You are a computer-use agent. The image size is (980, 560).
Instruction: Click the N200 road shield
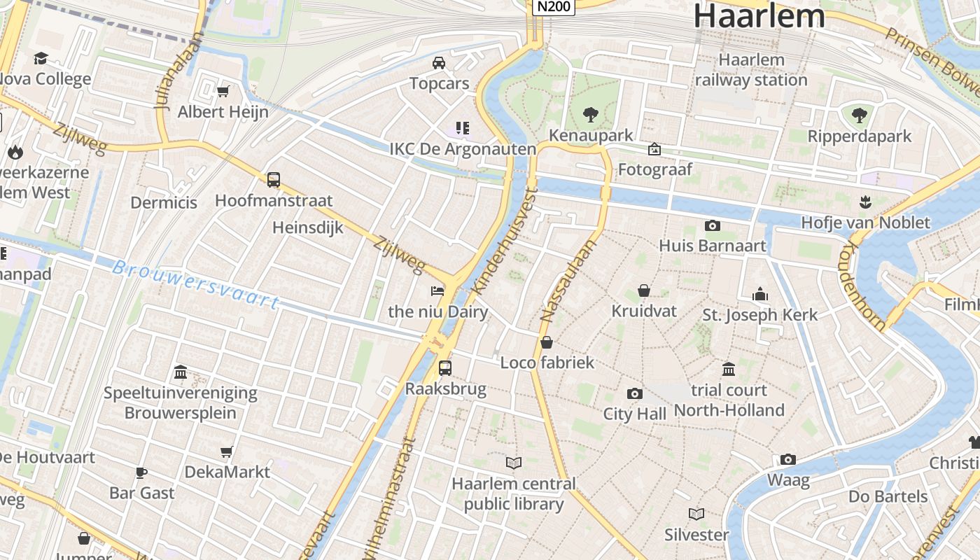point(554,7)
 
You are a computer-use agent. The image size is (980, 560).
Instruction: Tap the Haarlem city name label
point(759,15)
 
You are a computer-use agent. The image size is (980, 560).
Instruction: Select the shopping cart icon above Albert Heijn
point(223,91)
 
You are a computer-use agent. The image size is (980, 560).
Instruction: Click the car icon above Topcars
point(439,63)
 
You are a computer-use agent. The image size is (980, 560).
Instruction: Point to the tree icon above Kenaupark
point(591,114)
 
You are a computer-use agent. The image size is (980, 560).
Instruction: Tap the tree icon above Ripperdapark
point(860,115)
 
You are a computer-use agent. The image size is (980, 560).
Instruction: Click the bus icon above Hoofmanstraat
point(274,180)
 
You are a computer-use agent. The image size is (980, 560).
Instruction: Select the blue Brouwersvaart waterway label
point(197,285)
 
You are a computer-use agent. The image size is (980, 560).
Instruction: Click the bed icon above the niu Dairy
point(437,290)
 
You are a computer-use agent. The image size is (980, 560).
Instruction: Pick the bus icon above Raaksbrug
point(445,367)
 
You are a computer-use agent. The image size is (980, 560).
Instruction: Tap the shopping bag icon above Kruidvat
point(644,290)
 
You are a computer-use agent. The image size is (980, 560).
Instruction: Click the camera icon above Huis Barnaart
point(713,225)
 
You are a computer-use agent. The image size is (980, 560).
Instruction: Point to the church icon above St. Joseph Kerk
point(760,294)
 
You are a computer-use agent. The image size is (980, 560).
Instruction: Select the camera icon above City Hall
point(635,393)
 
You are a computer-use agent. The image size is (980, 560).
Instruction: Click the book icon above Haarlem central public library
point(514,463)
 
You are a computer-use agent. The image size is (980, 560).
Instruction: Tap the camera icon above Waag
point(788,460)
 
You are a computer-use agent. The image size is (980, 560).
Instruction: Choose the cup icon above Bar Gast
point(141,472)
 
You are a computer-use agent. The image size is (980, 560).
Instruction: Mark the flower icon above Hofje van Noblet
point(866,202)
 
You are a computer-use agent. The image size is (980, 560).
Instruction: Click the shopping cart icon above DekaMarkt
point(227,451)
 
